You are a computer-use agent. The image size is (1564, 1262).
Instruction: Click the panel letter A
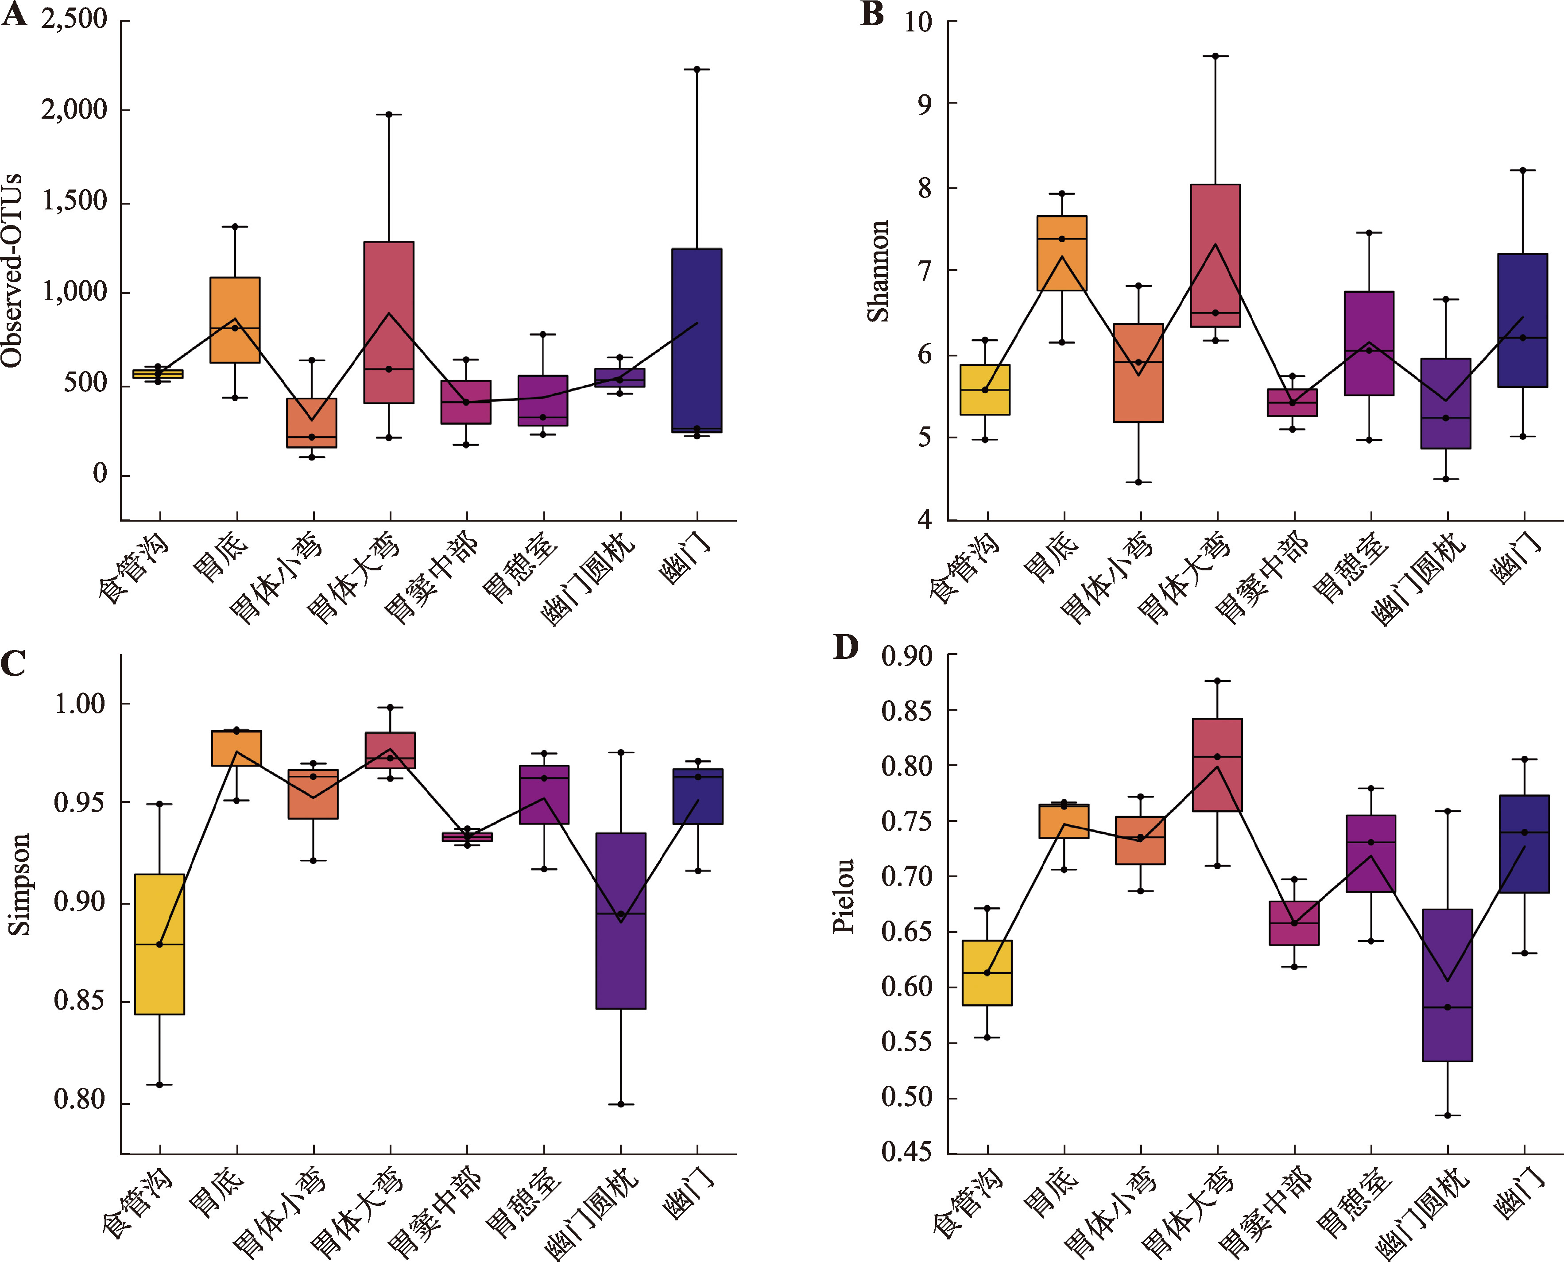(15, 15)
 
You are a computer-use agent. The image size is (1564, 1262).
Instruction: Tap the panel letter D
(845, 646)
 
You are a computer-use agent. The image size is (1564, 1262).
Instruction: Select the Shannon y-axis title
(879, 271)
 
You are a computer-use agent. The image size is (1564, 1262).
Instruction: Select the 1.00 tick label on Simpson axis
(80, 704)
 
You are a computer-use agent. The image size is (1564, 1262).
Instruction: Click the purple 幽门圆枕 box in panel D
(1448, 985)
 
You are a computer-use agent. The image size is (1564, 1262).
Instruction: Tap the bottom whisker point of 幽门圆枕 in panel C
(621, 1104)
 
